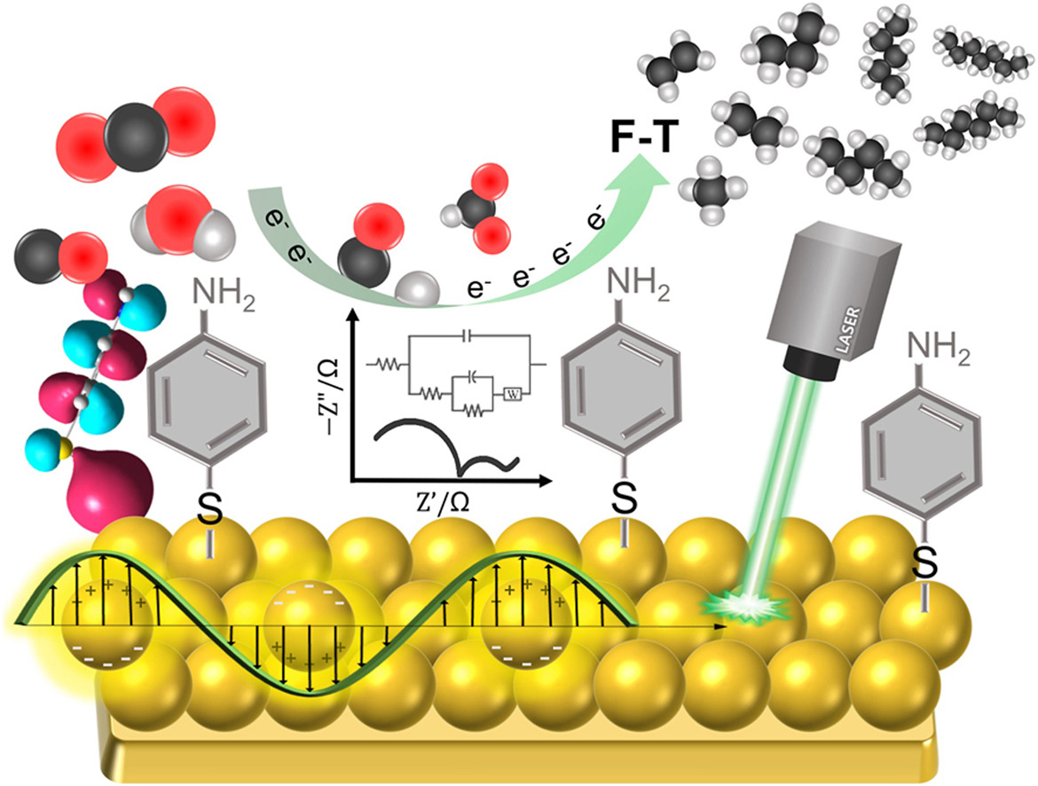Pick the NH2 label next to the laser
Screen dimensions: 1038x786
coord(938,349)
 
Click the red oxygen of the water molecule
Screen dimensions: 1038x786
coord(173,218)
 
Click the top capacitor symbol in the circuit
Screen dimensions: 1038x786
coord(468,337)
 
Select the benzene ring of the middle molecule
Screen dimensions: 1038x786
coord(622,400)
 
